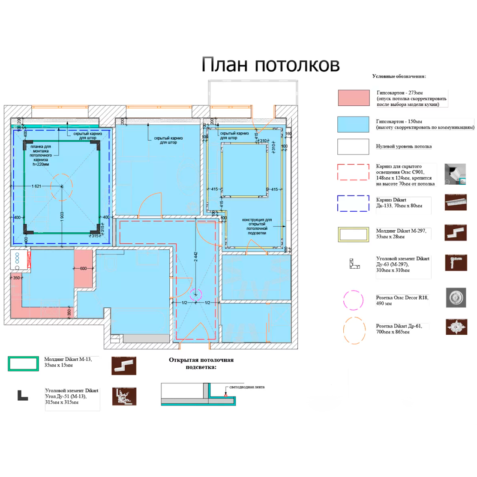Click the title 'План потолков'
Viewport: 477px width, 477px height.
click(x=270, y=65)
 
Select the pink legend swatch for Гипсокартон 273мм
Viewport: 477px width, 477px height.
click(x=354, y=98)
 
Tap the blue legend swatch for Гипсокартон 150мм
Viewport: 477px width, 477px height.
click(x=353, y=124)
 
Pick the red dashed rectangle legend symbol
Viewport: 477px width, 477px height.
click(x=353, y=172)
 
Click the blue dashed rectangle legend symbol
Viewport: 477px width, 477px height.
click(x=353, y=204)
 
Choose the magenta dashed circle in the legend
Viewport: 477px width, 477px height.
click(x=353, y=300)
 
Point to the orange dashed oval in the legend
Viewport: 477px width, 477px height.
click(x=354, y=330)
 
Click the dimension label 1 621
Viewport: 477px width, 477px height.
click(x=36, y=186)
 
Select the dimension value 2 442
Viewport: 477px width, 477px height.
click(x=196, y=257)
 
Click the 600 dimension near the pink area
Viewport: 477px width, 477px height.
click(x=83, y=269)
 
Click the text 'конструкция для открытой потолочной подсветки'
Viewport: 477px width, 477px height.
click(x=257, y=226)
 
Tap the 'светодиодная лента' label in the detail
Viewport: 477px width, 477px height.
click(x=247, y=387)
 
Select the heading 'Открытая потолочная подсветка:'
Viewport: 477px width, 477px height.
click(x=201, y=363)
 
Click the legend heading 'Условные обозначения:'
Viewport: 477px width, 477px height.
click(x=399, y=76)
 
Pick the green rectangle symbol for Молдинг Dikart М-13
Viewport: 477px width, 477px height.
click(x=23, y=363)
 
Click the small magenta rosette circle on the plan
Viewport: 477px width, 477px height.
click(x=196, y=294)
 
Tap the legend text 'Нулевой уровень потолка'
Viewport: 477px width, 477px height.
click(x=404, y=147)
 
